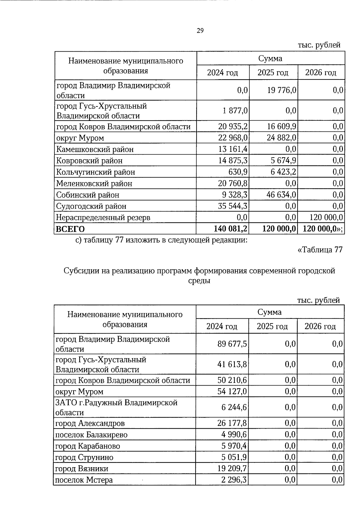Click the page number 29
point(200,31)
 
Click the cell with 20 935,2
point(233,127)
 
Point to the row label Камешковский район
point(95,149)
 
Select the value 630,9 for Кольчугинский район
point(238,172)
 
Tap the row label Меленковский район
point(94,184)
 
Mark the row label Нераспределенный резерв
point(103,218)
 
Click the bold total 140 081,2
point(230,229)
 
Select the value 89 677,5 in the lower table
point(232,344)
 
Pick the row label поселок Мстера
point(84,480)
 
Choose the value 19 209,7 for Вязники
point(232,469)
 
